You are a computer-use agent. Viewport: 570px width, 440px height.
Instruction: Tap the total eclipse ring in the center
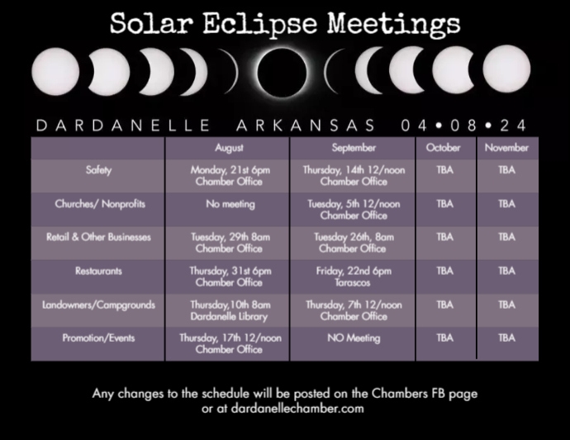coord(284,70)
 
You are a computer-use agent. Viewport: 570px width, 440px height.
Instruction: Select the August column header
coord(229,148)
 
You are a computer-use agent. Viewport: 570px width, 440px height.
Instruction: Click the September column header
coord(354,148)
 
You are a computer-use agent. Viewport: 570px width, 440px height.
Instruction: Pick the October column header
coord(444,148)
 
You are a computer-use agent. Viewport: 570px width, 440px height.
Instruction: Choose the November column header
coord(506,148)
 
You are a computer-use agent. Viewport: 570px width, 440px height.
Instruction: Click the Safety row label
coord(98,170)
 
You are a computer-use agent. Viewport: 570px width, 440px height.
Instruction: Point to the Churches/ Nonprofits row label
coord(98,204)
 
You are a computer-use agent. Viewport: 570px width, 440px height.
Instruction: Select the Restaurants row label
coord(98,271)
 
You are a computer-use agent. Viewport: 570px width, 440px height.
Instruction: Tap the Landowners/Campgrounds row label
coord(98,305)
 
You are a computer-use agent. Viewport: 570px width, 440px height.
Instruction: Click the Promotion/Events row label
coord(98,338)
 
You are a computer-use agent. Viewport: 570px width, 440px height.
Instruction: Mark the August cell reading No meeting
coord(230,204)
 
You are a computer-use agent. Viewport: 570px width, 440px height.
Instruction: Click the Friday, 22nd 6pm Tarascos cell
coord(354,276)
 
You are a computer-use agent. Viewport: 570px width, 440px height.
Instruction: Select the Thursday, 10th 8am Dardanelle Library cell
coord(230,310)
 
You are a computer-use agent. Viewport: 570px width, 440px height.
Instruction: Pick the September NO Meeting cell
coord(354,338)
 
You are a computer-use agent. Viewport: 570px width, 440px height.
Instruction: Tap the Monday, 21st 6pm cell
coord(230,175)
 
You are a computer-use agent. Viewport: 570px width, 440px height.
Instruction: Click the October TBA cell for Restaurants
coord(444,271)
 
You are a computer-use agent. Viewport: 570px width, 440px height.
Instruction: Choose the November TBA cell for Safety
coord(506,170)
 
